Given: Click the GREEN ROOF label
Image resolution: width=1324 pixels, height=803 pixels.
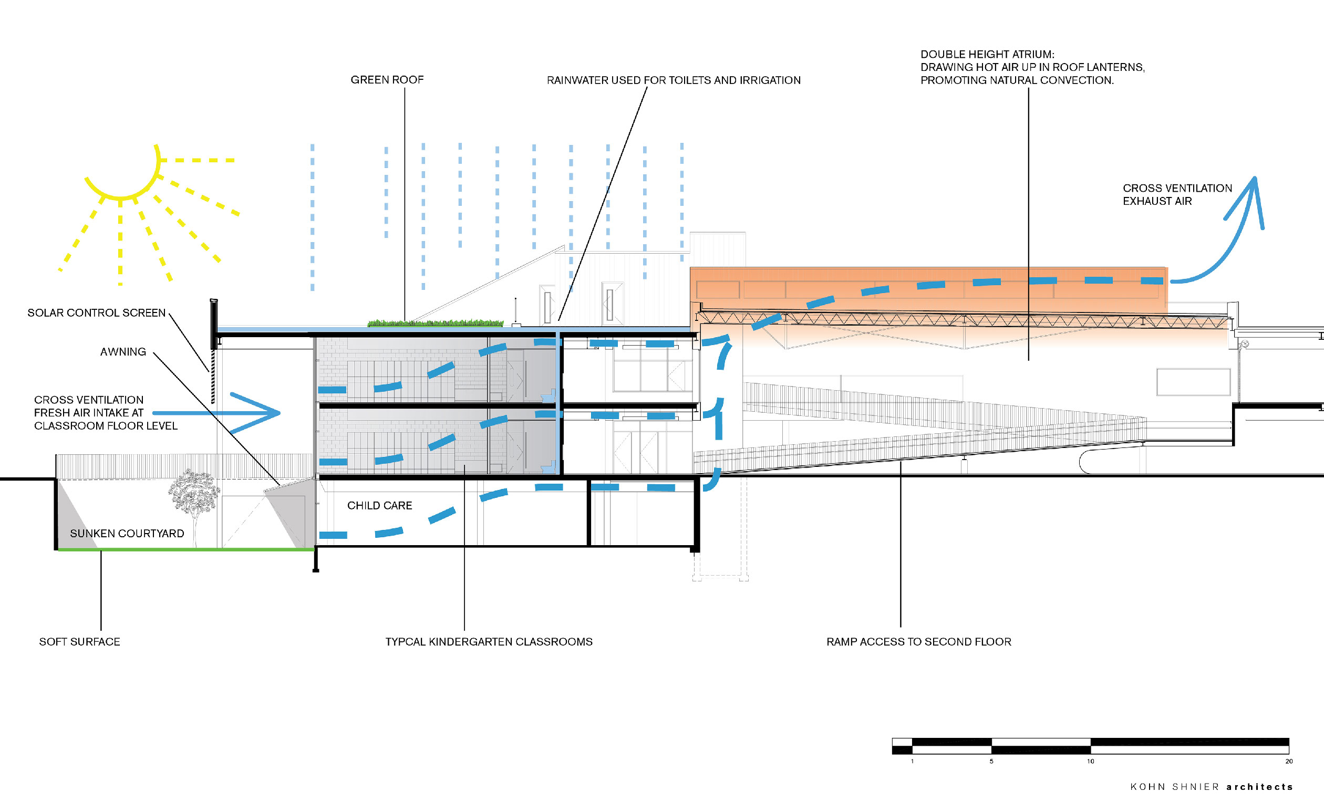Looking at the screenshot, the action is point(387,80).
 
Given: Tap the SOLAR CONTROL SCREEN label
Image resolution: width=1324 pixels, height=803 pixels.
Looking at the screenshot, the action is point(97,313).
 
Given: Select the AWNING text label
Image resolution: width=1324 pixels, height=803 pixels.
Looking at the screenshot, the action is point(123,352).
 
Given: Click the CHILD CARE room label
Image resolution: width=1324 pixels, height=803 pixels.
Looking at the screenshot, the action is point(379,505).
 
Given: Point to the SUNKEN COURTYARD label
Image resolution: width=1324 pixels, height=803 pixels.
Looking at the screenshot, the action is point(127,534).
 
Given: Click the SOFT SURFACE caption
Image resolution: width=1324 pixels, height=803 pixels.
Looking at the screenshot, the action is point(79,642).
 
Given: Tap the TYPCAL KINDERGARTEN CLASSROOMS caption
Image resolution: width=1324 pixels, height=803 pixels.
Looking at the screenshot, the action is point(489,642).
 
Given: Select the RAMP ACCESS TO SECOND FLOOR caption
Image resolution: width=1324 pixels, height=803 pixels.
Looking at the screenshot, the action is point(919,642).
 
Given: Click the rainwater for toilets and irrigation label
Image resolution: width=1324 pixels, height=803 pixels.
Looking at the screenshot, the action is point(674,80).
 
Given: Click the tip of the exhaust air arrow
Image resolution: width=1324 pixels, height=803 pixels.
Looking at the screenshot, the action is point(1255,178).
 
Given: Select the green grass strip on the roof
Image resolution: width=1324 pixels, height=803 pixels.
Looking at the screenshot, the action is point(435,324).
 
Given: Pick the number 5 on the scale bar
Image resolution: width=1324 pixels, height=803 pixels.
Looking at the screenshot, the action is point(991,762).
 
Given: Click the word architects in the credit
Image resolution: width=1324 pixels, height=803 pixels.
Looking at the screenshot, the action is point(1259,787).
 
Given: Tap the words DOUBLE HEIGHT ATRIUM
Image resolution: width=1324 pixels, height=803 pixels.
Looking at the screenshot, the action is point(988,55).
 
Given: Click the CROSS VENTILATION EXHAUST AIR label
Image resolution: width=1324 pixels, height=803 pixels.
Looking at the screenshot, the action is point(1177,195).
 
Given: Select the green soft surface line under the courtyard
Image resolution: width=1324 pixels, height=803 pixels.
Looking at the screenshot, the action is point(186,549).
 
